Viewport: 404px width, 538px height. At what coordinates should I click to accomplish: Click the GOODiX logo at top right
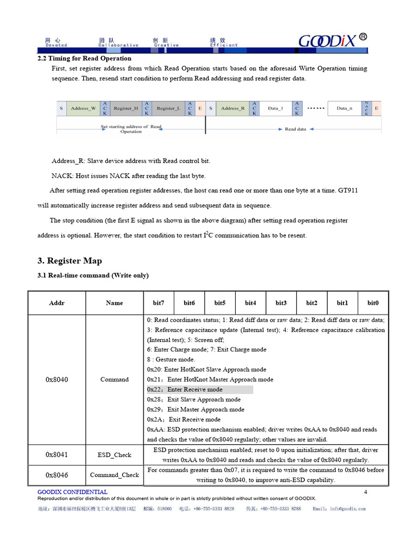pyautogui.click(x=332, y=40)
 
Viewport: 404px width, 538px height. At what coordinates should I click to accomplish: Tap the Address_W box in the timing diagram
pyautogui.click(x=83, y=108)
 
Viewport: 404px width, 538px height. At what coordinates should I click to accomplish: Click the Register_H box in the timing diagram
pyautogui.click(x=126, y=108)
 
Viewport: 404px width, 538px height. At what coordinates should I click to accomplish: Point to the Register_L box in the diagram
pyautogui.click(x=168, y=108)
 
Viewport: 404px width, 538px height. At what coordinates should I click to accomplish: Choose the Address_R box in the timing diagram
pyautogui.click(x=233, y=108)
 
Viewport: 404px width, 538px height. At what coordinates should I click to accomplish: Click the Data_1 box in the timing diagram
pyautogui.click(x=275, y=108)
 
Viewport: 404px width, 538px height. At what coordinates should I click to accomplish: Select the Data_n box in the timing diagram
pyautogui.click(x=345, y=108)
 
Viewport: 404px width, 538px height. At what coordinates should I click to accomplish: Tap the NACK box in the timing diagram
pyautogui.click(x=366, y=108)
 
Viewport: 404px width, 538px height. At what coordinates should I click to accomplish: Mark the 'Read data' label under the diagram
pyautogui.click(x=295, y=129)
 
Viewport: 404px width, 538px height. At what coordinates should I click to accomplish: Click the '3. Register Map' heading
pyautogui.click(x=69, y=261)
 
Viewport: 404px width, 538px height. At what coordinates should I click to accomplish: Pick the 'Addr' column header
pyautogui.click(x=57, y=303)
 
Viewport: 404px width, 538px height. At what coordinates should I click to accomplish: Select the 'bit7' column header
pyautogui.click(x=158, y=303)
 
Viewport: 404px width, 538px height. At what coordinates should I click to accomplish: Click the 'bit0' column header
pyautogui.click(x=373, y=303)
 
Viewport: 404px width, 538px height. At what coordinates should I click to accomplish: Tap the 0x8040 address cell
pyautogui.click(x=57, y=379)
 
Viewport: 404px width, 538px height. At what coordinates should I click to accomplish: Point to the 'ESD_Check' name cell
pyautogui.click(x=114, y=455)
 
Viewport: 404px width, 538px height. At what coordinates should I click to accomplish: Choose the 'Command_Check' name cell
pyautogui.click(x=114, y=475)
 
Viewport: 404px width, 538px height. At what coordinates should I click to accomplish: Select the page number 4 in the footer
pyautogui.click(x=366, y=492)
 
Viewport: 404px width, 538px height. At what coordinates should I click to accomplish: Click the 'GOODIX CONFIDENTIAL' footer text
pyautogui.click(x=73, y=492)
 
